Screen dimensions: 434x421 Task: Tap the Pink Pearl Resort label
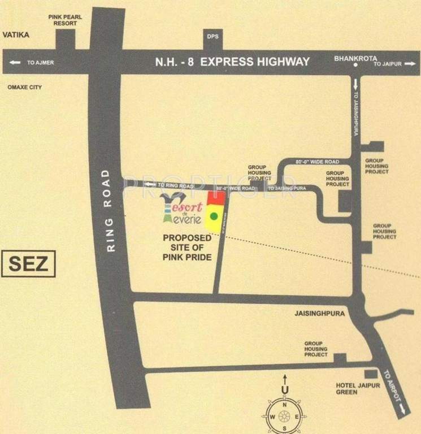click(x=66, y=21)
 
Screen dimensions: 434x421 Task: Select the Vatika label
click(x=16, y=35)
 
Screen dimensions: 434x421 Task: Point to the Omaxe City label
click(x=24, y=88)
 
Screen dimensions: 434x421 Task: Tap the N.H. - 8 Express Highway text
click(x=232, y=62)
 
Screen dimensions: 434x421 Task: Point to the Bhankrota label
click(x=354, y=58)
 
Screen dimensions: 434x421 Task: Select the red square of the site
click(x=216, y=197)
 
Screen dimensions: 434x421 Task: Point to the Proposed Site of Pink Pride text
click(x=187, y=248)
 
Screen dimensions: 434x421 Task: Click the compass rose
click(x=286, y=416)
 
